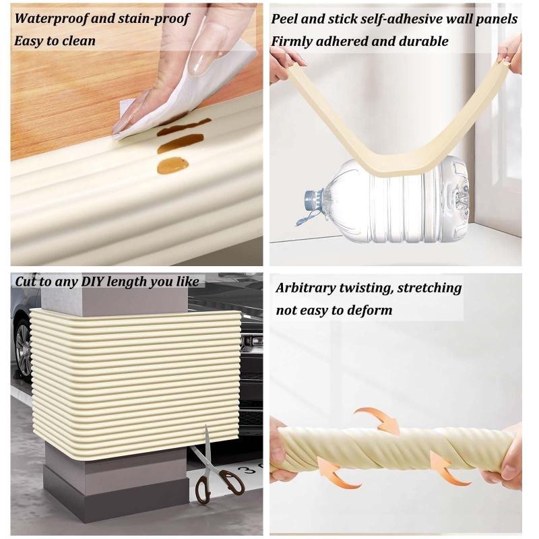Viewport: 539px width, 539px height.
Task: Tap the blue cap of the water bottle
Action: point(311,199)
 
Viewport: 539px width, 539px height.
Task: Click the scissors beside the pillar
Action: point(215,466)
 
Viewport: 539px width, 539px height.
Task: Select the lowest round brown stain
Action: point(172,165)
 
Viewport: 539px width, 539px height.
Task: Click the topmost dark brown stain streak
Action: point(184,127)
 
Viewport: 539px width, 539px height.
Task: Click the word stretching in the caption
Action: point(430,288)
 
